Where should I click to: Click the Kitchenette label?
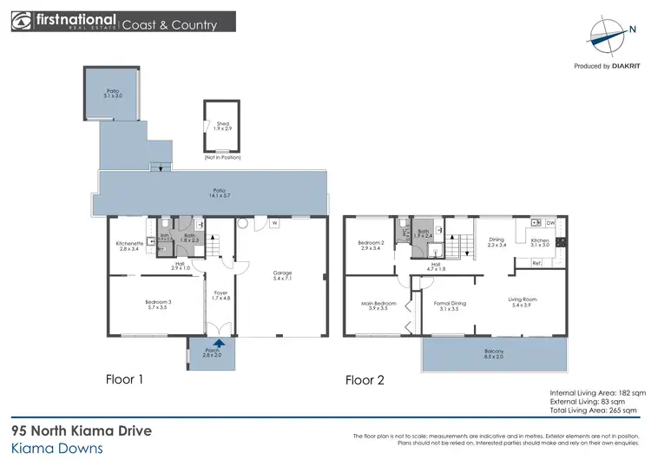(x=121, y=246)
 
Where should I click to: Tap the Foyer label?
(x=221, y=295)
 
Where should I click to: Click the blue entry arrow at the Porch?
(x=206, y=345)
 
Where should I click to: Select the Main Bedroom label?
(x=378, y=305)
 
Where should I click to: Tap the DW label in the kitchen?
(x=550, y=223)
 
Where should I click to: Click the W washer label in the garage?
(x=273, y=223)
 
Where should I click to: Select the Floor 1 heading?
(x=123, y=379)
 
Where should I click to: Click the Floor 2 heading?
(x=364, y=379)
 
